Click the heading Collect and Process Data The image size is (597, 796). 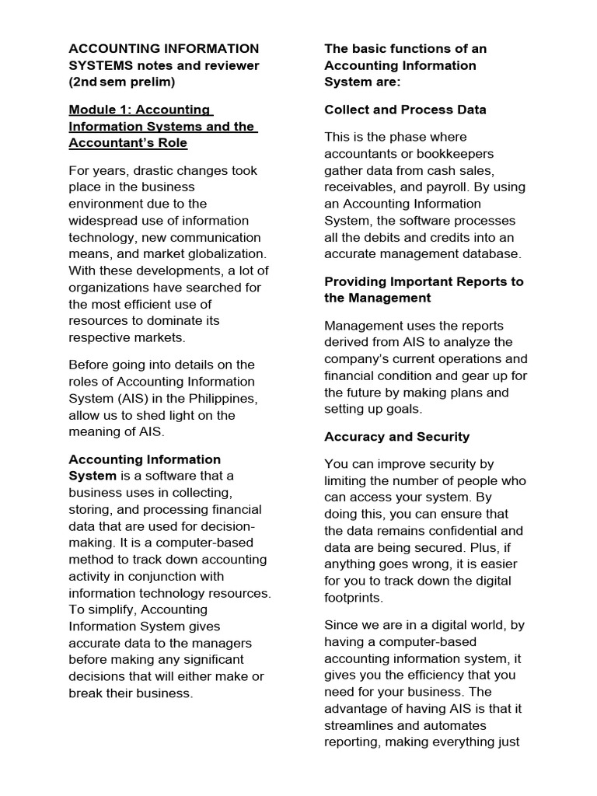(x=405, y=110)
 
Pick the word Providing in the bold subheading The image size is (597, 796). (x=355, y=281)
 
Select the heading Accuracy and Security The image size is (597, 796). (x=396, y=437)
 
